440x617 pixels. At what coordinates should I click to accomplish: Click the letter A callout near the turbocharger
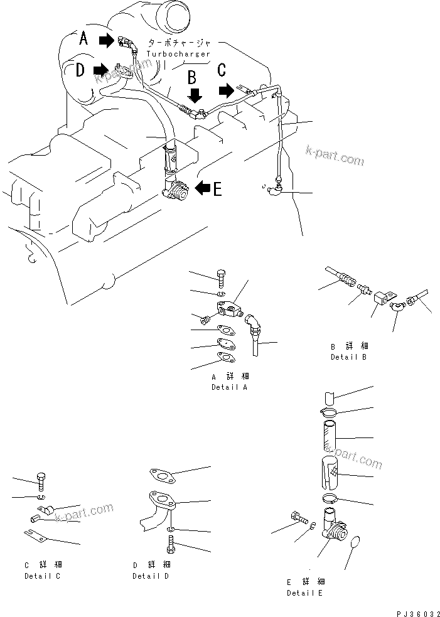point(84,40)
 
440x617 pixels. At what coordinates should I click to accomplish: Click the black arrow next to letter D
point(100,68)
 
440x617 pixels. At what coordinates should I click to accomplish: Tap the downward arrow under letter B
point(195,95)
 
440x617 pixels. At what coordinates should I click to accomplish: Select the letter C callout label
point(221,70)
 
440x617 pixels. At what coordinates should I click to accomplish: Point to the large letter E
point(217,188)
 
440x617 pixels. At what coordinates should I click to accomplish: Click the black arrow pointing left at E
point(201,187)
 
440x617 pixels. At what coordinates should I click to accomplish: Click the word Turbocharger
point(178,54)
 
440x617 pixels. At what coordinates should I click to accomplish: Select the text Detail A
point(230,387)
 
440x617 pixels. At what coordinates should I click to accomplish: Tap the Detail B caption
point(348,357)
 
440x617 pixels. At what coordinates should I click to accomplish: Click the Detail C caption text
point(43,576)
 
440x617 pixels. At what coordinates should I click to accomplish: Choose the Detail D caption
point(151,576)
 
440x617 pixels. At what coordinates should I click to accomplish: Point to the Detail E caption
point(306,593)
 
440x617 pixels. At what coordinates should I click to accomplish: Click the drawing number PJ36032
point(415,610)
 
